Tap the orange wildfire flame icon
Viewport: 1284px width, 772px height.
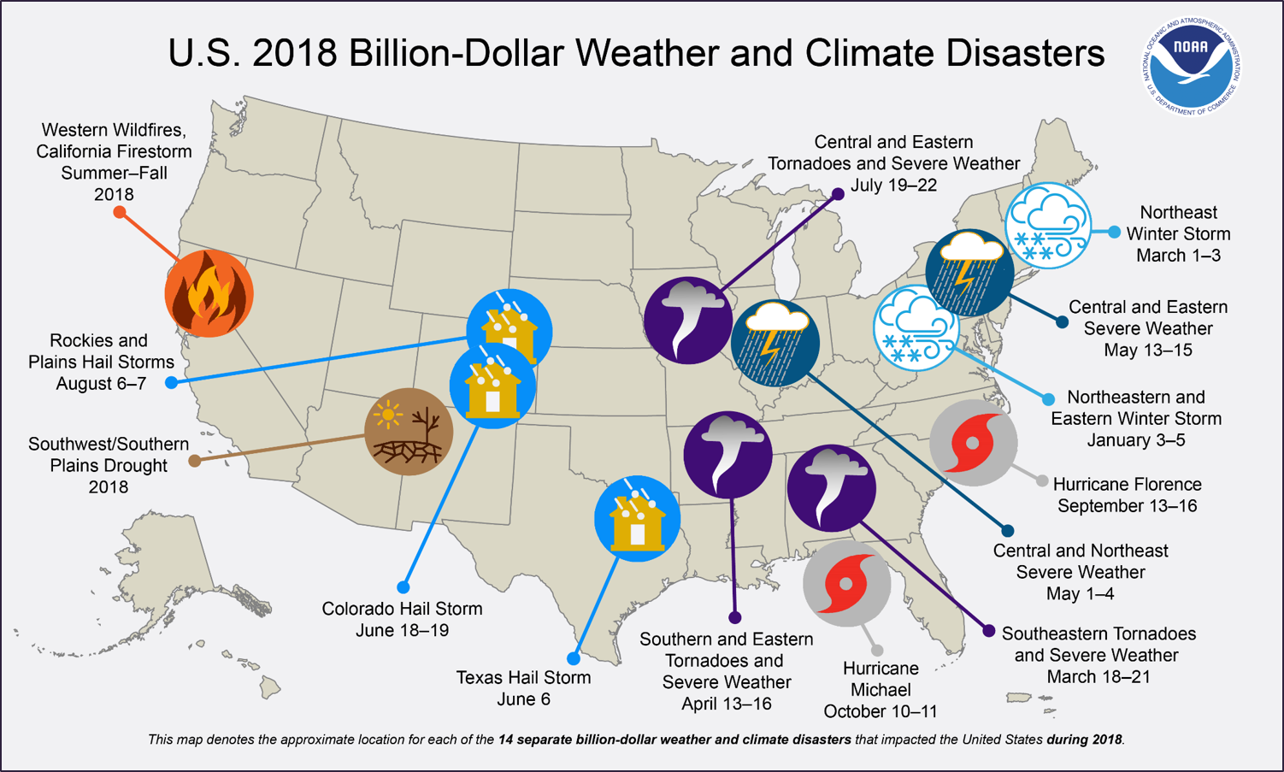coord(209,293)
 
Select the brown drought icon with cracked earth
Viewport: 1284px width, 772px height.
coord(408,431)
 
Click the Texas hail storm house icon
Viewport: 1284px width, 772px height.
coord(637,519)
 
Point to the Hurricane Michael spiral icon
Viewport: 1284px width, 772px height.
coord(846,584)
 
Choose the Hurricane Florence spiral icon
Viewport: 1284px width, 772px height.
coord(973,443)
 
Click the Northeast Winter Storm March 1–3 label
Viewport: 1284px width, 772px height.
coord(1177,233)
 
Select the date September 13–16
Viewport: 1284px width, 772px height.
coord(1126,506)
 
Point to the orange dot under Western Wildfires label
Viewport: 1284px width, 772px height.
coord(120,212)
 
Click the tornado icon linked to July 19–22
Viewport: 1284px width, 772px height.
coord(687,321)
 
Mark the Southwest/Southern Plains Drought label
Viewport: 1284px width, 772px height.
coord(108,465)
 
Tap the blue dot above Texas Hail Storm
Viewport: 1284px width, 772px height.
coord(574,658)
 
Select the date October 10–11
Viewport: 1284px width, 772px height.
coord(881,711)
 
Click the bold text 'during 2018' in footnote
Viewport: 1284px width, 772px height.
coord(1084,740)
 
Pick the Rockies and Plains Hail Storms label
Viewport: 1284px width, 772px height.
coord(101,362)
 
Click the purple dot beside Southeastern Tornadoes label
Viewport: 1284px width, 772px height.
coord(988,631)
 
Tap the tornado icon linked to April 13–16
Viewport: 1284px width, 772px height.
coord(727,454)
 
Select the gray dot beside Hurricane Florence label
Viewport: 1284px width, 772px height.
coord(1041,482)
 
